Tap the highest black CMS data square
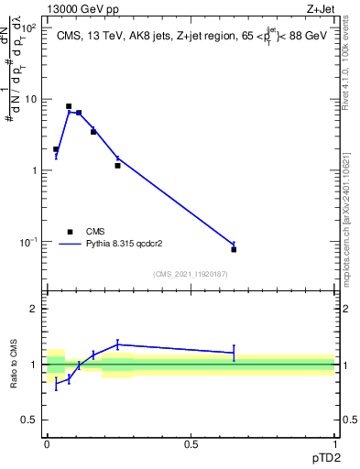(69, 106)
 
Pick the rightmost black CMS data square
(234, 249)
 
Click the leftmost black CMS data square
(56, 149)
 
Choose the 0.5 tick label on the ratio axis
(29, 420)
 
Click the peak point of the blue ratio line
(117, 344)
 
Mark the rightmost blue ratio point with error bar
(234, 353)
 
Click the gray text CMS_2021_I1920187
(191, 273)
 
